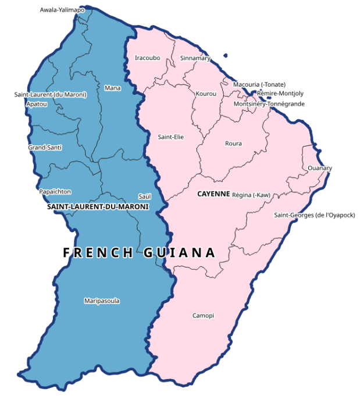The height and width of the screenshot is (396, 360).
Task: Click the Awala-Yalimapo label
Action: [62, 10]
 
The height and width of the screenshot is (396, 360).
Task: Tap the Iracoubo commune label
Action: [147, 58]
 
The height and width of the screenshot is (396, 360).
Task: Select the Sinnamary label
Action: [195, 58]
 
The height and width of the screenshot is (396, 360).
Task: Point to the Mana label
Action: [112, 88]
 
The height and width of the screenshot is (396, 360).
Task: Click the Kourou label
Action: [206, 94]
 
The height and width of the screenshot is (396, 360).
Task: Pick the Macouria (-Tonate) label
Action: [259, 84]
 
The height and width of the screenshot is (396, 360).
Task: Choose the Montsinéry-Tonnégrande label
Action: [269, 104]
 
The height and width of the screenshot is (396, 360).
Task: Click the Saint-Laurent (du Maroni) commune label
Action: [50, 94]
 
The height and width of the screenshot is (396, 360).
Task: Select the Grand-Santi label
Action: [45, 147]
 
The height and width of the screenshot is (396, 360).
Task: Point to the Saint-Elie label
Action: [170, 137]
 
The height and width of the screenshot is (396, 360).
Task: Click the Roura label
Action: [233, 143]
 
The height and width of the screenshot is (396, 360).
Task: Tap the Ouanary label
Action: [319, 168]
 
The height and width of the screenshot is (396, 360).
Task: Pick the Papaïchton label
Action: [55, 191]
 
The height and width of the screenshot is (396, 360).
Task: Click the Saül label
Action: [144, 196]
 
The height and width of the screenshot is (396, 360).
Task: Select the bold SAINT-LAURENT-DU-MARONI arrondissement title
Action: [97, 206]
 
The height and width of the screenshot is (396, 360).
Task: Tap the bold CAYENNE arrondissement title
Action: [213, 194]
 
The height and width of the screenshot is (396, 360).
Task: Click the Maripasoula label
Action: [102, 301]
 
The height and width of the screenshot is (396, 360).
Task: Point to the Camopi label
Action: [203, 315]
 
